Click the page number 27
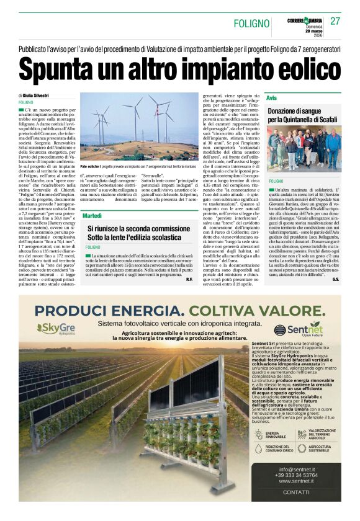[x=336, y=21]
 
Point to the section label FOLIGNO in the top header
[x=251, y=24]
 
